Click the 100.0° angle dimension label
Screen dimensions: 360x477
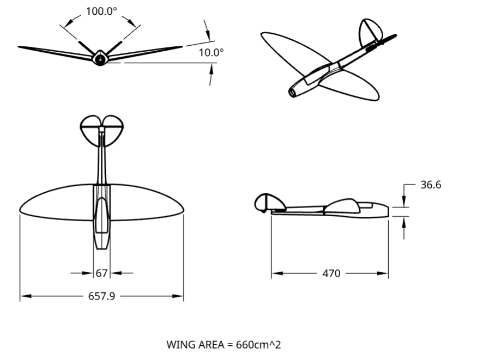(x=101, y=11)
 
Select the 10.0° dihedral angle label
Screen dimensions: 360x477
(x=211, y=53)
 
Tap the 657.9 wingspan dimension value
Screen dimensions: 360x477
(x=101, y=296)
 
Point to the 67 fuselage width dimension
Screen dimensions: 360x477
(x=102, y=273)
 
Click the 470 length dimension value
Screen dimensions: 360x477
(x=331, y=273)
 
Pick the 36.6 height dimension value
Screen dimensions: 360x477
(x=431, y=185)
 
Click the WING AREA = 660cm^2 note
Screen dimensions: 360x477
(x=224, y=345)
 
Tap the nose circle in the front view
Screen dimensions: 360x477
(x=100, y=59)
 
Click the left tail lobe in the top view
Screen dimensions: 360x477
(x=90, y=130)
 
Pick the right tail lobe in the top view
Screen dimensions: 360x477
(x=114, y=130)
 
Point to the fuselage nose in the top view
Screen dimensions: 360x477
(x=102, y=246)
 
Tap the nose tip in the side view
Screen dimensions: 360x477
(x=389, y=210)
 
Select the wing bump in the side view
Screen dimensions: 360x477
(x=343, y=205)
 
